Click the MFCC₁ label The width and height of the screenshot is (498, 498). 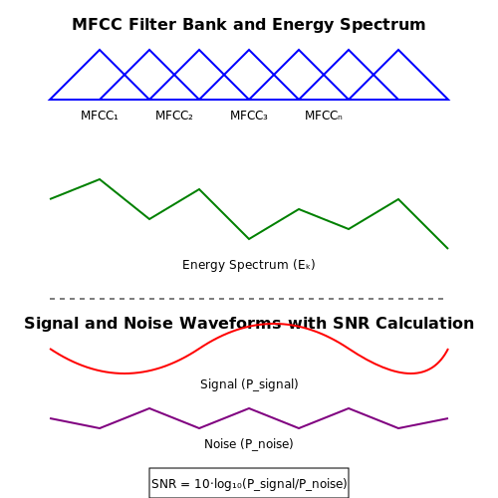[x=100, y=116]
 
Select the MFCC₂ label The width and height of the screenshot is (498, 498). [x=174, y=116]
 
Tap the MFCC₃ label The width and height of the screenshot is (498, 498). [x=249, y=116]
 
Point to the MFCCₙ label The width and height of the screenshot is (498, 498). [x=324, y=116]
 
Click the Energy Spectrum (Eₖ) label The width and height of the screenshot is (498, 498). [x=249, y=265]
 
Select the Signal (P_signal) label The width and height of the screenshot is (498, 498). [x=249, y=384]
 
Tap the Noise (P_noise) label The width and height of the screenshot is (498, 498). [x=249, y=444]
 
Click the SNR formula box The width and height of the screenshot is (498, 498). [x=249, y=483]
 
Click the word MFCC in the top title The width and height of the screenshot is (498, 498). [x=98, y=25]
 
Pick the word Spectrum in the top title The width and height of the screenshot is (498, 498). [x=382, y=25]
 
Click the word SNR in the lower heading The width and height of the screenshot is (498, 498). [x=352, y=324]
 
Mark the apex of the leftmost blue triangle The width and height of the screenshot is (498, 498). [x=100, y=50]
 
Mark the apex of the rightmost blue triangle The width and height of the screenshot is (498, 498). [x=398, y=50]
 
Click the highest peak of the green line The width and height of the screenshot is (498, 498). [x=100, y=179]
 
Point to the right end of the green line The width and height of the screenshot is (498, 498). [x=448, y=248]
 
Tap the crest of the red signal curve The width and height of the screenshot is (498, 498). [x=269, y=324]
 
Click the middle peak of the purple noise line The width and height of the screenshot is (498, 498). [x=249, y=408]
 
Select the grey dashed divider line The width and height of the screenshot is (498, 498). [x=246, y=299]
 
